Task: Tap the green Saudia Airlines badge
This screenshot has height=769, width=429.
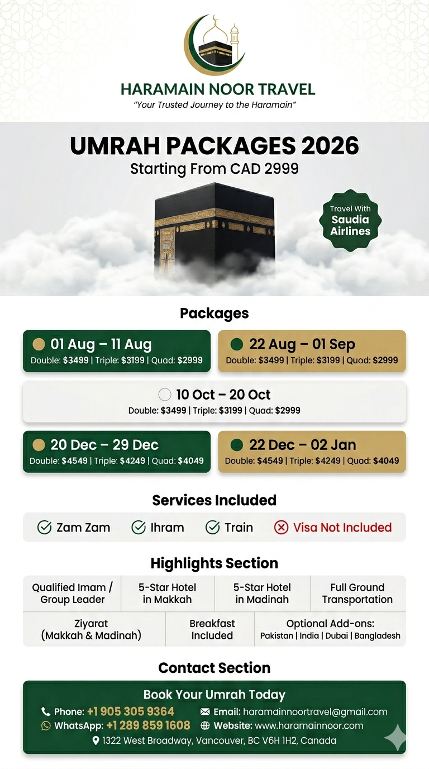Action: [350, 220]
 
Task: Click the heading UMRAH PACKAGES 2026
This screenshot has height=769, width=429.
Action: [214, 146]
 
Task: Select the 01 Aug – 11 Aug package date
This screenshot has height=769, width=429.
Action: [101, 344]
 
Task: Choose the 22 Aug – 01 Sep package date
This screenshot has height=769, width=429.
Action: [302, 344]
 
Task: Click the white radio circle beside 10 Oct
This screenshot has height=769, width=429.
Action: [165, 395]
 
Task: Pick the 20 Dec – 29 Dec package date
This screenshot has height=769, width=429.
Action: [104, 445]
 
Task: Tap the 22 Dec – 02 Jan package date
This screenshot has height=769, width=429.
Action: [302, 445]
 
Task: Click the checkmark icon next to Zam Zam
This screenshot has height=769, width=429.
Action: [44, 528]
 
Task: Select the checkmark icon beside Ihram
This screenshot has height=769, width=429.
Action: [139, 528]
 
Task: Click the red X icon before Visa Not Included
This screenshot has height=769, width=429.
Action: [282, 528]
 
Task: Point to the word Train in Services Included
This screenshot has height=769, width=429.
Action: [239, 528]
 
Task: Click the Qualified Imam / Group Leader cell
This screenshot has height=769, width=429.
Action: [72, 594]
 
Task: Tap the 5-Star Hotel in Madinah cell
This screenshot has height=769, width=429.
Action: [262, 594]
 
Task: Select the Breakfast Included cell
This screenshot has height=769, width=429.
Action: [212, 629]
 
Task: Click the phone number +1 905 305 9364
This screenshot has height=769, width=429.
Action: [131, 711]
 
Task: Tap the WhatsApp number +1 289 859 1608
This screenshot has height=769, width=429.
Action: [148, 725]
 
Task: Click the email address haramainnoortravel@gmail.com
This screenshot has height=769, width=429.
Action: [315, 711]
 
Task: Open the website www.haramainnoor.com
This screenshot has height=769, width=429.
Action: [309, 725]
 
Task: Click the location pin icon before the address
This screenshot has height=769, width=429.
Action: [96, 740]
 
